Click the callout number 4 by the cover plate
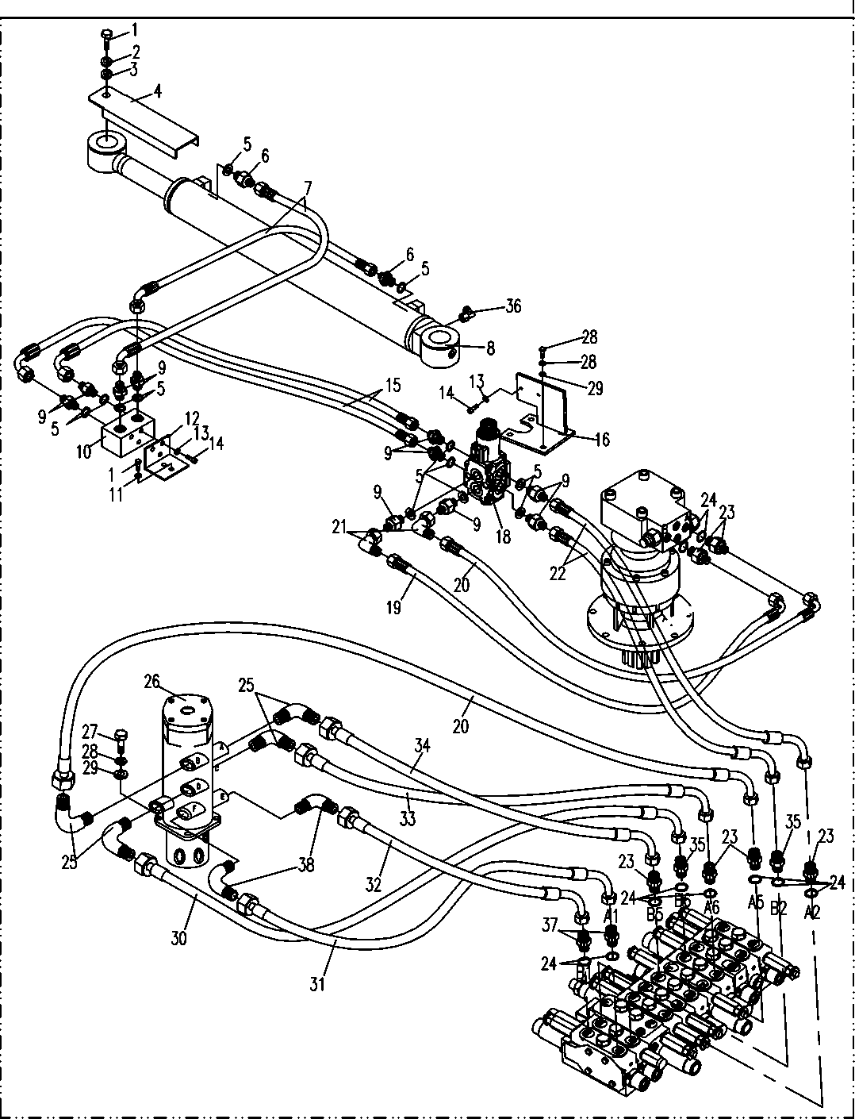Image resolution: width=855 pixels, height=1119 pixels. tap(158, 91)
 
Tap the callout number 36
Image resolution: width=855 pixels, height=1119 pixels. tap(513, 306)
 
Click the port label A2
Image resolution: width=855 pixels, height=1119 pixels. tap(811, 913)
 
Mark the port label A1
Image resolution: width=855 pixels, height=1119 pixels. tap(611, 915)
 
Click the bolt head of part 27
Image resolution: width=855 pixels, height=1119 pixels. tap(121, 733)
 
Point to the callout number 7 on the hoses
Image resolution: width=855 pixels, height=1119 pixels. tap(307, 188)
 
